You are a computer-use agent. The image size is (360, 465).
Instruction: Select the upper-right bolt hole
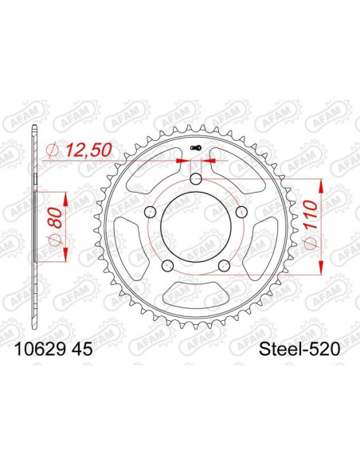240,211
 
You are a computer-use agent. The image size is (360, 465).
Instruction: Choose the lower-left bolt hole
168,264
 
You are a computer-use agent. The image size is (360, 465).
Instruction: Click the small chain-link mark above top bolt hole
196,149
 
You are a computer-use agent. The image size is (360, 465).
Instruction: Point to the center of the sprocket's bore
196,226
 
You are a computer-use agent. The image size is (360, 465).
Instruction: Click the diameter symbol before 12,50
53,150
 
